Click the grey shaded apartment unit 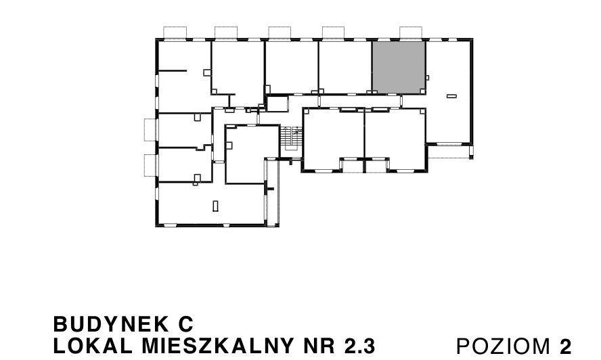coord(399,67)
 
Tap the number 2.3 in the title coord(359,345)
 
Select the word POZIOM coord(504,346)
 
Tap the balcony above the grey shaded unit coord(411,32)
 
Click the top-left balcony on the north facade coord(176,32)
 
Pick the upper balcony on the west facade coord(150,129)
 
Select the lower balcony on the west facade coord(150,165)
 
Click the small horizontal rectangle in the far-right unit coord(451,97)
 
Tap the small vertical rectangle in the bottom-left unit coord(215,205)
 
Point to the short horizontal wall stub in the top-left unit coord(172,70)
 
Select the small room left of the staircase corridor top coord(276,104)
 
